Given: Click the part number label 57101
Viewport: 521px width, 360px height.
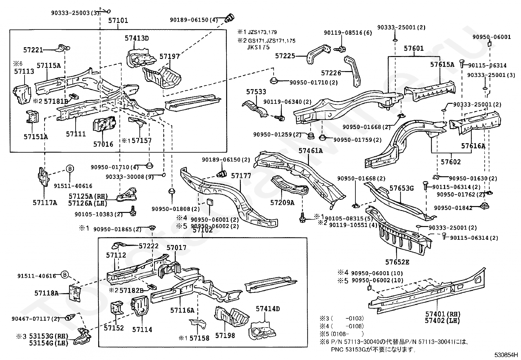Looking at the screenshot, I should coord(118,21).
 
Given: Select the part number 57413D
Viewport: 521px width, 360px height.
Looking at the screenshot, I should coord(136,38).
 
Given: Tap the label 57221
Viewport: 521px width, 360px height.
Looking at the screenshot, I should coord(33,50).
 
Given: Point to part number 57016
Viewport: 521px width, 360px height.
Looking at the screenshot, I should coord(103,144).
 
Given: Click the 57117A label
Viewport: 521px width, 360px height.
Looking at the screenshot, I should coord(45,203).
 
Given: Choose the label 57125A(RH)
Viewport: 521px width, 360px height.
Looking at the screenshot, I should coord(88,196).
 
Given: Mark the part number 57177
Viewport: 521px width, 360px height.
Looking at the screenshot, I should coord(241,176).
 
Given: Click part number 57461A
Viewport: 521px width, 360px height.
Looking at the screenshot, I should coord(310,151).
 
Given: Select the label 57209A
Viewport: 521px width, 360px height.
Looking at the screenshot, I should coord(282,203).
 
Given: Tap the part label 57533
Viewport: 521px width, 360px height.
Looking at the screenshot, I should coord(256,92).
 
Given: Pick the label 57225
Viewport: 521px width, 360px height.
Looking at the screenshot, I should coord(285,56).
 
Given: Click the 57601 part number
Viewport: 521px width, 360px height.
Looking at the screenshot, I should coord(413,48).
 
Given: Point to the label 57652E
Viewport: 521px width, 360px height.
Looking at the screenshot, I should coord(397,262).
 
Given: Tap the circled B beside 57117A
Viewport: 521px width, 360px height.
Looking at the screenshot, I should coord(70,169).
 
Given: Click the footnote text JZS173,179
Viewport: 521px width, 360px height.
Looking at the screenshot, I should coord(262,32).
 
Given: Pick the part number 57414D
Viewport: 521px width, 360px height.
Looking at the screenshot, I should coord(268,309).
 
